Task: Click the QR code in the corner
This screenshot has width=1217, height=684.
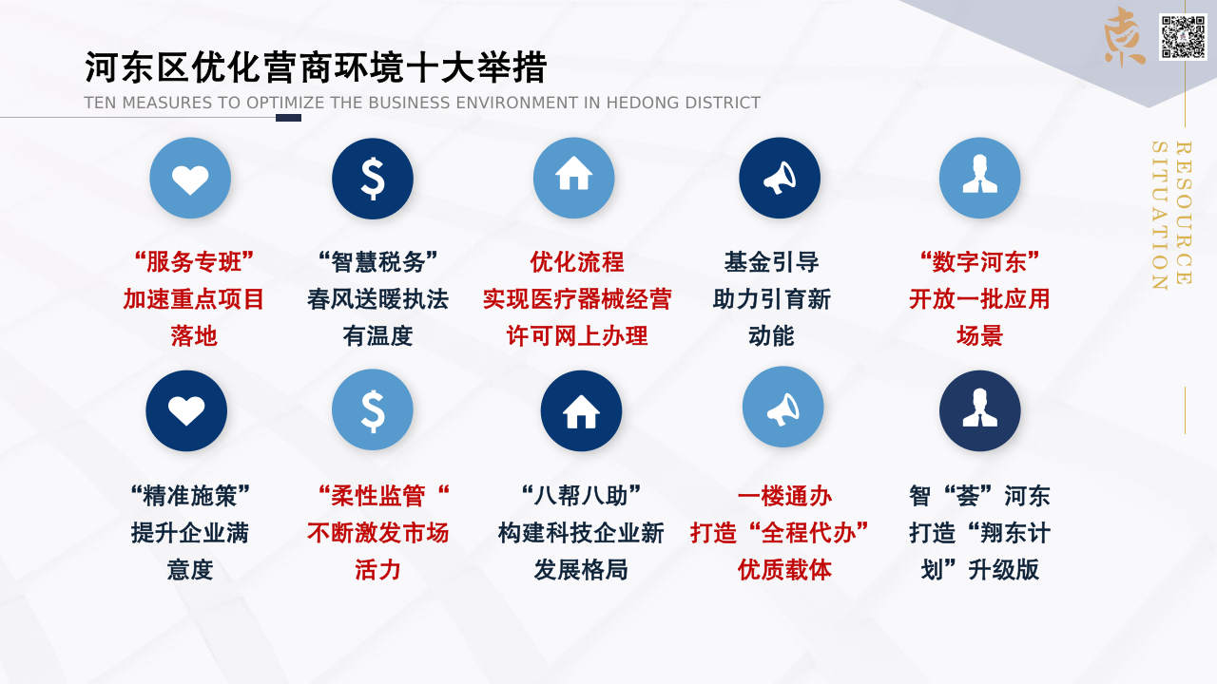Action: [x=1183, y=37]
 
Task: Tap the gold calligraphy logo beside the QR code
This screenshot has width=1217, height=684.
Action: [x=1124, y=37]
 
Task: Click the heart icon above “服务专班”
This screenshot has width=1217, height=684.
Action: [x=190, y=178]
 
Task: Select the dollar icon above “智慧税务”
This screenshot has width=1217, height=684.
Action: [x=373, y=178]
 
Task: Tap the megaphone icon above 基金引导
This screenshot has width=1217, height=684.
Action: [x=780, y=178]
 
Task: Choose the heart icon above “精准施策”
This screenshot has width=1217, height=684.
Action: [x=186, y=411]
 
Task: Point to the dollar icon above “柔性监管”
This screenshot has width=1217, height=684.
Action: [x=373, y=409]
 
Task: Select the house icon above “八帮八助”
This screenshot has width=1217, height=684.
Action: [x=581, y=411]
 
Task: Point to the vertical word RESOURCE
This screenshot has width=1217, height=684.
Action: [x=1184, y=213]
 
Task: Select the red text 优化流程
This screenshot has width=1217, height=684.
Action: [x=577, y=262]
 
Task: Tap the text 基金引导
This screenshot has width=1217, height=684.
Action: [x=771, y=262]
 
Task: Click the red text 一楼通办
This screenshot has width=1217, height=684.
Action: [x=784, y=496]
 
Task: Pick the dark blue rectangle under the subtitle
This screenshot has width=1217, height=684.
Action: [x=288, y=118]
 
